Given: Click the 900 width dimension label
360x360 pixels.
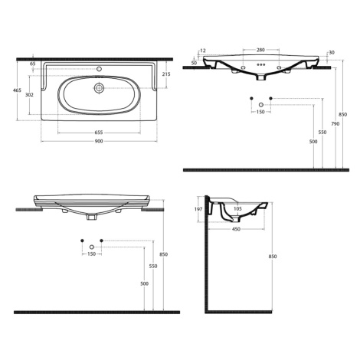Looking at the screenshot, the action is [x=99, y=141].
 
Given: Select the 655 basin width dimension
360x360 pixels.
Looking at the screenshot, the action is [x=99, y=133].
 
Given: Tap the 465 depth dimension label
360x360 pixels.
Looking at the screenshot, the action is [x=17, y=90].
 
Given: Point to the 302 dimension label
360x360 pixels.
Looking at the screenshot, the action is [x=29, y=95].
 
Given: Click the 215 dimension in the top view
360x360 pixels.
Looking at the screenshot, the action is [x=166, y=74].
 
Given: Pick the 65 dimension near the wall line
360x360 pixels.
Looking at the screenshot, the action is [x=33, y=64].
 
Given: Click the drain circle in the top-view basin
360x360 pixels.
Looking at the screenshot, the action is [x=99, y=88].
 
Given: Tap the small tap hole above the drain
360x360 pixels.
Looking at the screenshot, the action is [x=99, y=69].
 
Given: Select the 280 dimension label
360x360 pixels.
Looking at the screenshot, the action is [x=260, y=50].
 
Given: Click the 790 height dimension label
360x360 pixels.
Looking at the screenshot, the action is [x=335, y=124].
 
